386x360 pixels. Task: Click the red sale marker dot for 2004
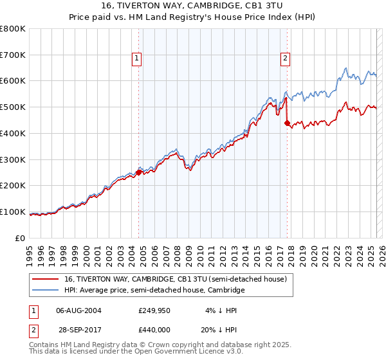point(138,172)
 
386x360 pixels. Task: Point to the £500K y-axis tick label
point(13,107)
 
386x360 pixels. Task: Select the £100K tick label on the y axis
point(13,212)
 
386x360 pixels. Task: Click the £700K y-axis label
point(13,55)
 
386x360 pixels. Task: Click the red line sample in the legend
point(46,279)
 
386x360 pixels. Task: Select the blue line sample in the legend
point(46,291)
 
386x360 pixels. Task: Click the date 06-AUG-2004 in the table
point(78,310)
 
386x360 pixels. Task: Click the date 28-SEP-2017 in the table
point(78,329)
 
